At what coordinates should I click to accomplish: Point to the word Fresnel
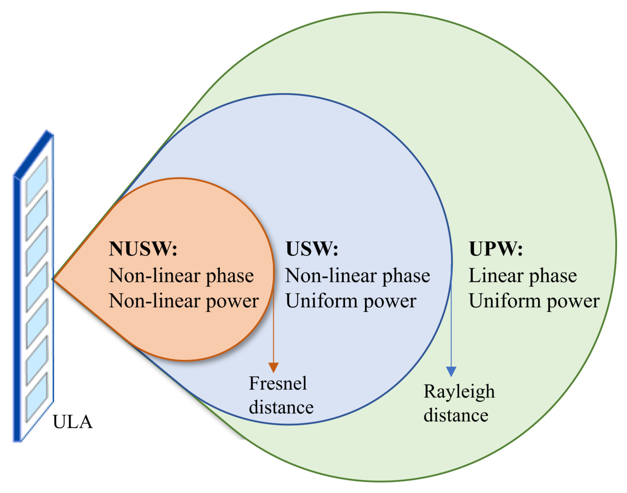tap(278, 383)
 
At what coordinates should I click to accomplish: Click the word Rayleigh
tap(459, 392)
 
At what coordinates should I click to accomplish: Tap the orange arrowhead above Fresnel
tap(273, 367)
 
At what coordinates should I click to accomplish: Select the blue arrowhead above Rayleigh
tap(451, 371)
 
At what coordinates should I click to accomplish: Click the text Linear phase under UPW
tap(523, 275)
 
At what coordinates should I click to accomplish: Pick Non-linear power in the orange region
tap(184, 301)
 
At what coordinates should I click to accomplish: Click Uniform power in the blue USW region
tap(351, 301)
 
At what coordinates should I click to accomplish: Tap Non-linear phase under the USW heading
tap(358, 275)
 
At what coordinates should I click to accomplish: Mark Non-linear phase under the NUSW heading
tap(181, 275)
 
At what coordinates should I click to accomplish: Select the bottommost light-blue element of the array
tap(37, 397)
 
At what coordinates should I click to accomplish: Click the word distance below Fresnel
tap(281, 407)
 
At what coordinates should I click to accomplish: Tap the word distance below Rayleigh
tap(456, 415)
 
